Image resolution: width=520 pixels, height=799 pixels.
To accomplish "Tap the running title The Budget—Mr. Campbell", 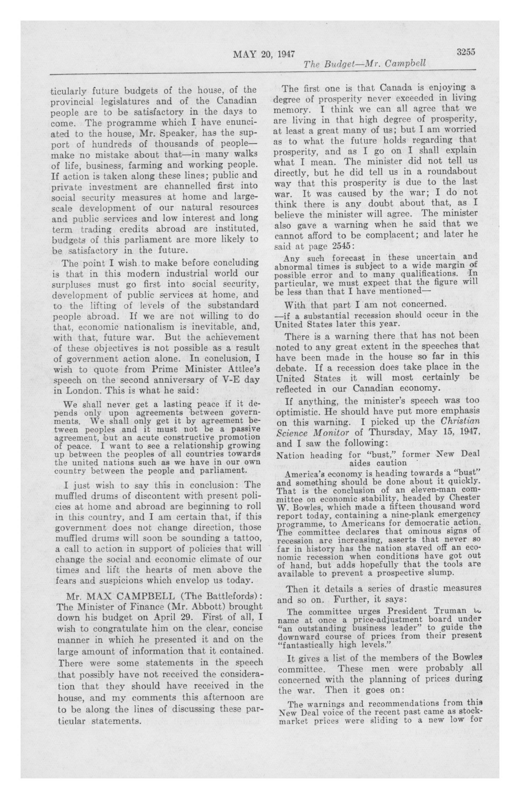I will click(364, 63).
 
